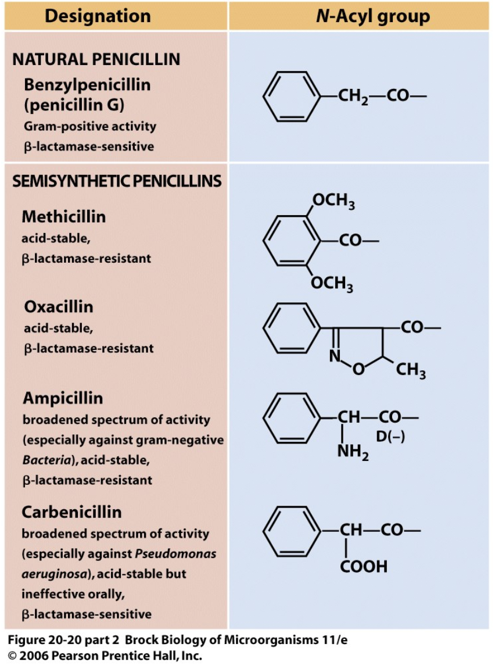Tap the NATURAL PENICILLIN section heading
[96, 59]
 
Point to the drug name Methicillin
[64, 217]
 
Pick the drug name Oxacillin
[59, 306]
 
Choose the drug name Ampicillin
[63, 398]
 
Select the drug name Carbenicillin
[72, 512]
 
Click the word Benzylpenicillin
[87, 85]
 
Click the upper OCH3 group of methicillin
[333, 202]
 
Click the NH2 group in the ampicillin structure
[353, 451]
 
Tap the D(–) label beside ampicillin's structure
[390, 436]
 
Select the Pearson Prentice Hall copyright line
[105, 656]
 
